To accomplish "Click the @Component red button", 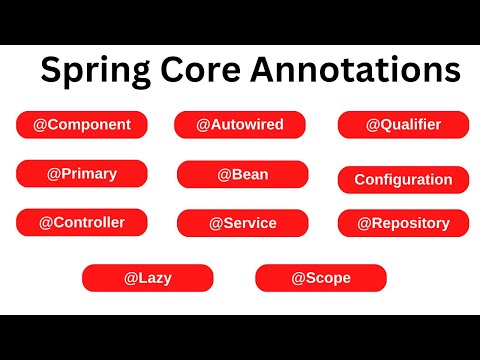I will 81,125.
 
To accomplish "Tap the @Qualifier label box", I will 403,125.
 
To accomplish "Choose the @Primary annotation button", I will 81,173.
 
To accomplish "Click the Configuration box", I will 403,180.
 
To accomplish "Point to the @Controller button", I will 81,221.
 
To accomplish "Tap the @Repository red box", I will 403,223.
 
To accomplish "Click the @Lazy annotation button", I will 147,277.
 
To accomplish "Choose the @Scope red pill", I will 320,277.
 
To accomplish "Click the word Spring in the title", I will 90,71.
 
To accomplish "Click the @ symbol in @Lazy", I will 130,277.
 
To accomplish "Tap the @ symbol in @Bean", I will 223,174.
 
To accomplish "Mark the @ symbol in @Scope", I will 297,277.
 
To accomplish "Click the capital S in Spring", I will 50,71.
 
